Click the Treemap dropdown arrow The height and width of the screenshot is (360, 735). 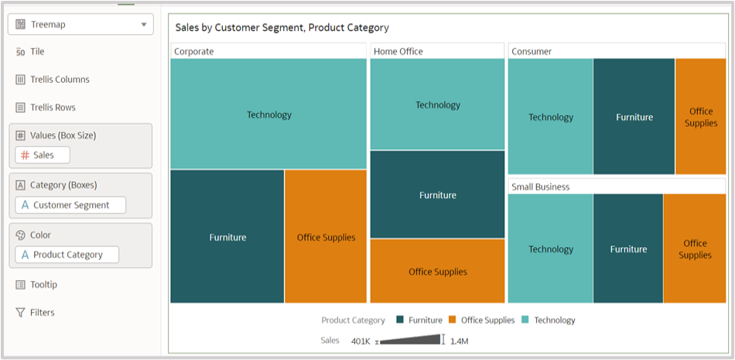(x=144, y=25)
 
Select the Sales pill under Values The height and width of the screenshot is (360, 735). (x=43, y=155)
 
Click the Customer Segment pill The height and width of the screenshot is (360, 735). (x=70, y=205)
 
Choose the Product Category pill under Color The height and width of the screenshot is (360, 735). (x=67, y=255)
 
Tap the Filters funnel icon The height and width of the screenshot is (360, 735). (x=21, y=313)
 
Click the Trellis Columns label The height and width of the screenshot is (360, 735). (x=60, y=80)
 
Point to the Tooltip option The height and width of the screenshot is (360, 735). (x=43, y=285)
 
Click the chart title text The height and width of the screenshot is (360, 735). (x=282, y=28)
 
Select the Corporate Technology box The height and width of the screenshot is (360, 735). (x=268, y=114)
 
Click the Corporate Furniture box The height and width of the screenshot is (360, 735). (x=227, y=237)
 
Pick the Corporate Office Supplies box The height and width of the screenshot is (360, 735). (x=326, y=237)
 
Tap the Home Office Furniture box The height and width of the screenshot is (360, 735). (x=437, y=194)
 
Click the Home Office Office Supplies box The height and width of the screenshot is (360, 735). (x=437, y=271)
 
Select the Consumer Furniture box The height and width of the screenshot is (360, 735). (x=634, y=117)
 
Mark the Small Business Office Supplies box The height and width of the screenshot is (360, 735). (x=695, y=249)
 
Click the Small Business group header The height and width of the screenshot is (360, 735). (x=540, y=187)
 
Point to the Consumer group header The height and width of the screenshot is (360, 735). (x=532, y=51)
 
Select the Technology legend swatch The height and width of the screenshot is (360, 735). (x=525, y=320)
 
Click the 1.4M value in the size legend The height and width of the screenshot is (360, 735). (x=459, y=341)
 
